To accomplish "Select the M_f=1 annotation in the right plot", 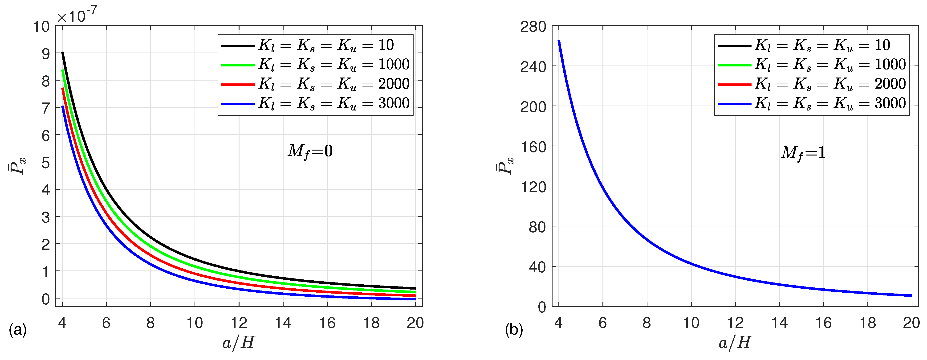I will [803, 153].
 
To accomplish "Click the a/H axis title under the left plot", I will [239, 342].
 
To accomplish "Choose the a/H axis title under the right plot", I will [735, 342].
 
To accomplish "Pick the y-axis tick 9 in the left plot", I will [46, 54].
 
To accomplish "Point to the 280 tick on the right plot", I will [533, 27].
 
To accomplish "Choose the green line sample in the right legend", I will [734, 65].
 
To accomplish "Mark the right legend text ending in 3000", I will [830, 104].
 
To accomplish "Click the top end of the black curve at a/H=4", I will [63, 53].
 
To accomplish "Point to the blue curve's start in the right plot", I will [559, 41].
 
